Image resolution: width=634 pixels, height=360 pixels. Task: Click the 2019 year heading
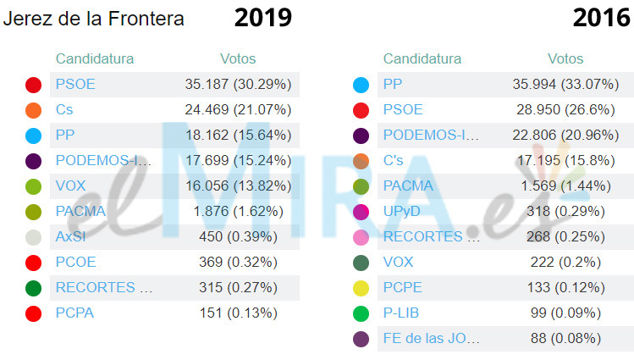262,18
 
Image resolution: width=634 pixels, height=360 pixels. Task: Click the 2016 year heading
601,18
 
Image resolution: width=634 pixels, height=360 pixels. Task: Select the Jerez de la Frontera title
93,19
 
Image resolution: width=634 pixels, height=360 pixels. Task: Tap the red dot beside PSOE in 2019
34,85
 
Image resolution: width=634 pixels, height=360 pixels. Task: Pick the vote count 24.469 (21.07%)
238,110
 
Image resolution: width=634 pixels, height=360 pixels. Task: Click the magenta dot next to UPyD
361,212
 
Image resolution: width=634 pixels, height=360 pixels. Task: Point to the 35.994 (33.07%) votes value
565,85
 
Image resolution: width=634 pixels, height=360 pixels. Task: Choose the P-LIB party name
402,313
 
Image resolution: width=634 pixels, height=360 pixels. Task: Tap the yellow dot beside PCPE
361,288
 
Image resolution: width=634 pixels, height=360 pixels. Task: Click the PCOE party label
75,263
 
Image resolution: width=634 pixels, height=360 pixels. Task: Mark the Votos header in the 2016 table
565,59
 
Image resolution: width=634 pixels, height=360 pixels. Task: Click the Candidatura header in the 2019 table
95,59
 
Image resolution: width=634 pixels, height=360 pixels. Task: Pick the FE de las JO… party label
432,339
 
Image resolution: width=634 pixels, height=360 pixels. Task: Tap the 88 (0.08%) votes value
565,339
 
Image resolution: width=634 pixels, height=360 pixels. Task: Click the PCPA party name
74,313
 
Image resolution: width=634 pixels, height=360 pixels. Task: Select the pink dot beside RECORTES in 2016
361,237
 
